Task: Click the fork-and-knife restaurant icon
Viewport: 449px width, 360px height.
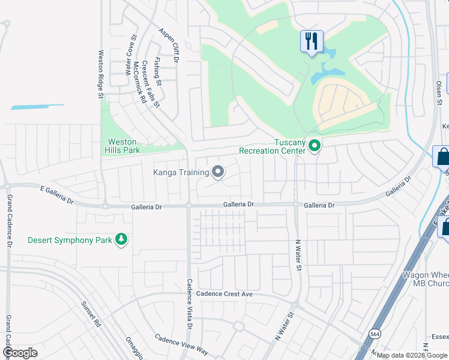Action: (312, 41)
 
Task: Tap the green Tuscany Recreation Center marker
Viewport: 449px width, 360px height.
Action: (314, 146)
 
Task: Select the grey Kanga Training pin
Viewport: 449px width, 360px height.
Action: (218, 173)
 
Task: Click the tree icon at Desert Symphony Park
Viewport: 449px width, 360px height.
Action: (122, 240)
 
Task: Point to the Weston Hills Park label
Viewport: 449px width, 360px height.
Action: (124, 146)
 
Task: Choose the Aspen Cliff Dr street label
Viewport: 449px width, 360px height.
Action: (169, 45)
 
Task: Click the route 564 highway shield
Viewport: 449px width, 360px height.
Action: (375, 334)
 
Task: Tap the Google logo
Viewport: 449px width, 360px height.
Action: (20, 353)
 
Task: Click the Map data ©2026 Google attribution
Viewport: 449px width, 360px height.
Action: (412, 355)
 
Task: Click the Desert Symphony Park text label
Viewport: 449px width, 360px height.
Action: (70, 240)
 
